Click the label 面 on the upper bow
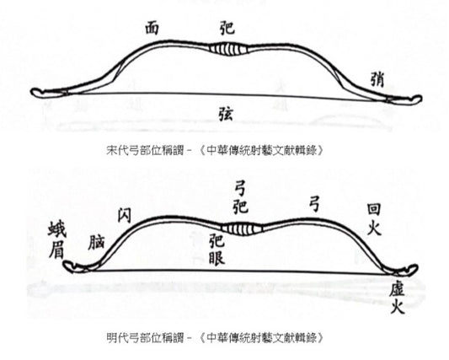click(x=152, y=28)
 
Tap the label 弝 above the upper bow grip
click(x=227, y=28)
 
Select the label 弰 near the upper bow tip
click(x=377, y=79)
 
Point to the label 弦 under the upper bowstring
click(x=226, y=114)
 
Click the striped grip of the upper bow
click(x=228, y=49)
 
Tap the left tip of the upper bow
click(x=32, y=92)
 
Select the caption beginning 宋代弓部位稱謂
click(x=216, y=150)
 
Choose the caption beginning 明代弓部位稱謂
click(x=216, y=337)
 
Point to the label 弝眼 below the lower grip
click(x=216, y=249)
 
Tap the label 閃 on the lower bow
click(x=125, y=215)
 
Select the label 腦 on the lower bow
click(x=96, y=242)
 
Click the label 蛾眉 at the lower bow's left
click(x=56, y=239)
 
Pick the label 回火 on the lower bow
click(x=374, y=219)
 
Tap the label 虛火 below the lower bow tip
click(x=397, y=298)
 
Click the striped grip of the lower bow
click(x=243, y=228)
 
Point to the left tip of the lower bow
click(x=66, y=266)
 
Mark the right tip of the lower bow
click(x=416, y=268)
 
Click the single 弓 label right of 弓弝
click(x=315, y=205)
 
